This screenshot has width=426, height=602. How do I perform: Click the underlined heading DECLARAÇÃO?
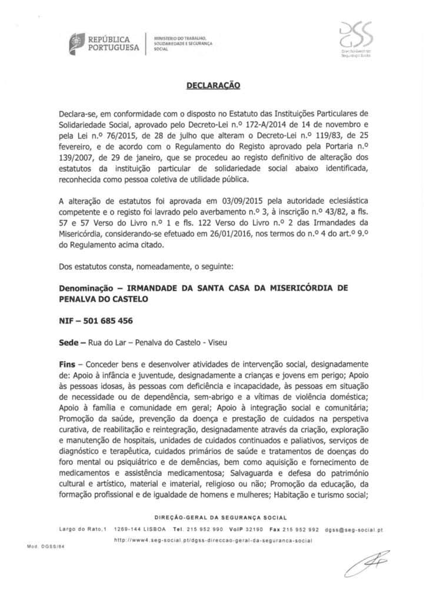[213, 85]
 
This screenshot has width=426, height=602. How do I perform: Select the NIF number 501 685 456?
[108, 320]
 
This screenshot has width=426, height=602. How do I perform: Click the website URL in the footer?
[212, 540]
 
